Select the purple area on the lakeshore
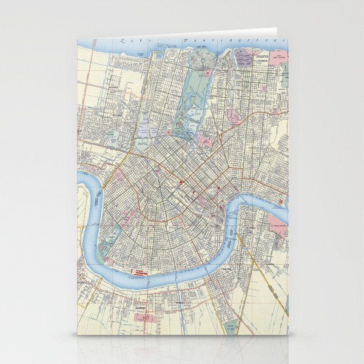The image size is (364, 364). pyautogui.click(x=243, y=58)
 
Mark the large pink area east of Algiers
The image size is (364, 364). pyautogui.click(x=277, y=219)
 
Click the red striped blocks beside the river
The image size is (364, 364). pyautogui.click(x=140, y=274)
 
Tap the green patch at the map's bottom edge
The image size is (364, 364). pyautogui.click(x=231, y=328)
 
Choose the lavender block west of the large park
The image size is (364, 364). pyautogui.click(x=146, y=130)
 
